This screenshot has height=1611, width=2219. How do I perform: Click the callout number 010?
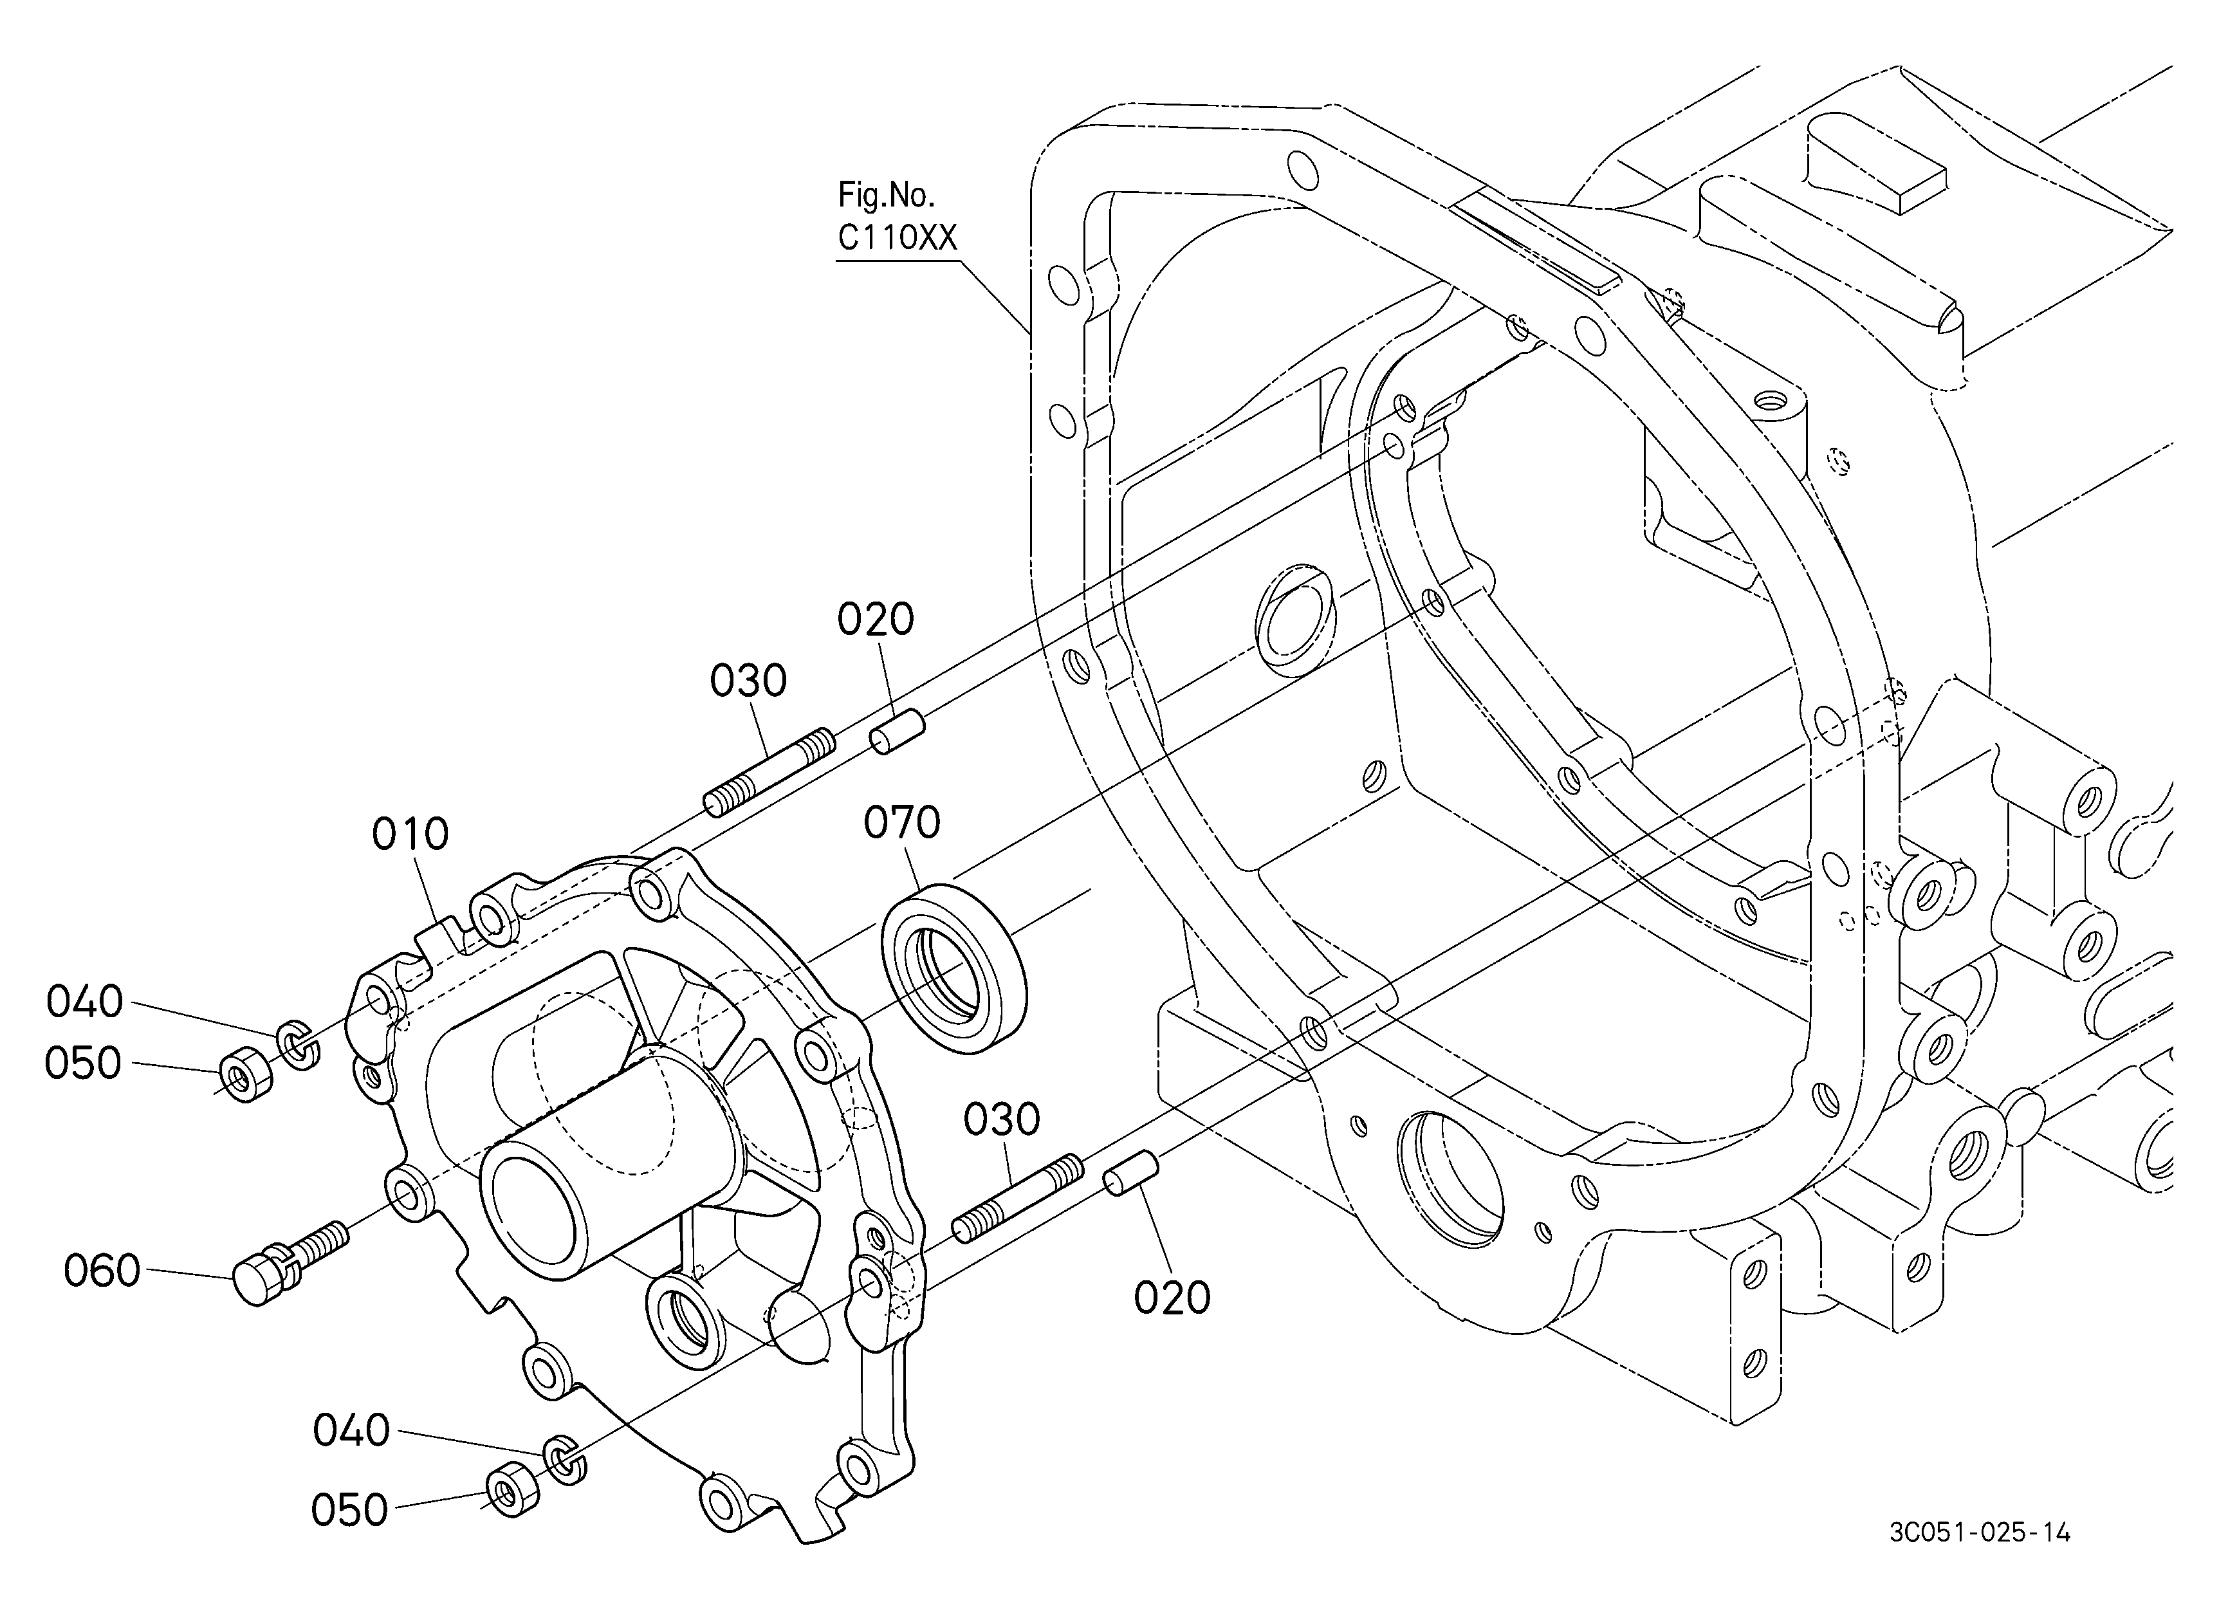pyautogui.click(x=410, y=834)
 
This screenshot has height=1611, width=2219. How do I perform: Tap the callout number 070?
pyautogui.click(x=901, y=823)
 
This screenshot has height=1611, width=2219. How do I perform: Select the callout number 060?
pyautogui.click(x=102, y=1271)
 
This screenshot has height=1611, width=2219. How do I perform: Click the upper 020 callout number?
pyautogui.click(x=876, y=619)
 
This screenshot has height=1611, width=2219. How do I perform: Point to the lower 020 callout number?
pyautogui.click(x=1172, y=1298)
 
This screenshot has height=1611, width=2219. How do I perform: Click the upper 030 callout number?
pyautogui.click(x=748, y=681)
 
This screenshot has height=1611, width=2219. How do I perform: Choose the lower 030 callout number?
pyautogui.click(x=1002, y=1120)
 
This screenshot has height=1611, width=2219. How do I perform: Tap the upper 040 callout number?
pyautogui.click(x=84, y=1002)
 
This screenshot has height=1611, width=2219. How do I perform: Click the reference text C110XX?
pyautogui.click(x=898, y=237)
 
